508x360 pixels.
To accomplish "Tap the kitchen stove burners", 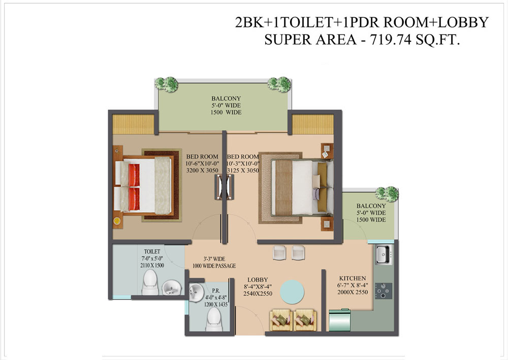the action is pos(384,291).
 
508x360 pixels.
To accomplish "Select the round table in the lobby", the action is pos(292,291).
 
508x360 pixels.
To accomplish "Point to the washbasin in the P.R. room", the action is pos(196,292).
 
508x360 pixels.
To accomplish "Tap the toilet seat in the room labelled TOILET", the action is pos(150,283).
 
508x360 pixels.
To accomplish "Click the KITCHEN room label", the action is pos(353,278).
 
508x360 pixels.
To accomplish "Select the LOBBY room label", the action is pos(258,280).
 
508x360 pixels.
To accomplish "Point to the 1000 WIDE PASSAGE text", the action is pos(214,266).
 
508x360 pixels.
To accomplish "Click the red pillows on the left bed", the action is pos(134,187).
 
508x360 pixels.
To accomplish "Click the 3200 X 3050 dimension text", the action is pos(202,170).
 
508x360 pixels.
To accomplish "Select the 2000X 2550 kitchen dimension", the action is pos(353,292).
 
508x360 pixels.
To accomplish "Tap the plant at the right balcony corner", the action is pos(387,194).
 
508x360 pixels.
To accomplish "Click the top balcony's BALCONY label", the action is pos(226,98).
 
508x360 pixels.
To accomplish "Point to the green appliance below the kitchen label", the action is pos(340,320).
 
